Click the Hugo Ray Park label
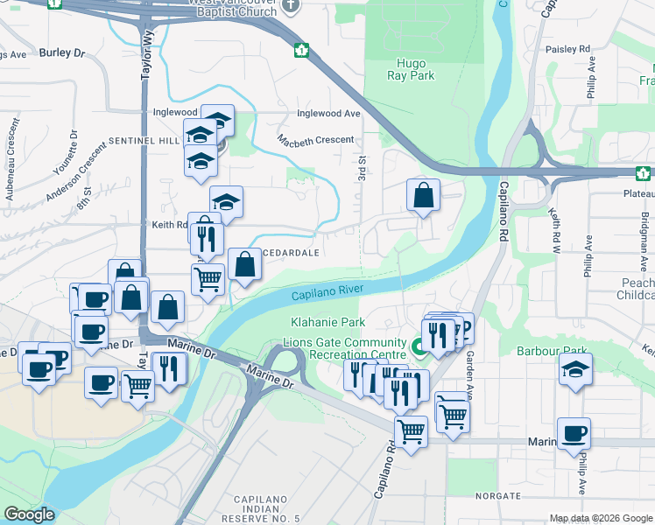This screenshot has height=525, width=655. [x=411, y=70]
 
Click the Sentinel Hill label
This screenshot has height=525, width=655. [x=144, y=140]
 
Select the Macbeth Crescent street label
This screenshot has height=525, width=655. [x=316, y=140]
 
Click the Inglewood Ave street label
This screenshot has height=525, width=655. [x=328, y=114]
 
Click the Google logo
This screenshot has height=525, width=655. [x=28, y=514]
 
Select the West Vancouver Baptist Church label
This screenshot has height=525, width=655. [x=234, y=9]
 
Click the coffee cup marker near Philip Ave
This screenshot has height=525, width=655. [x=574, y=433]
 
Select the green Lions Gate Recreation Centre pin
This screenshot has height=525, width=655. [x=419, y=346]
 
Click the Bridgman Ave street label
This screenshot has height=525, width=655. [x=644, y=232]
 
